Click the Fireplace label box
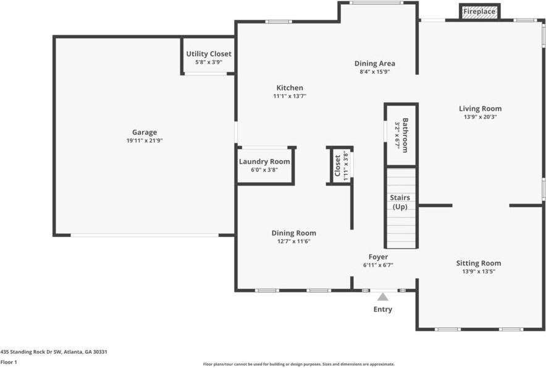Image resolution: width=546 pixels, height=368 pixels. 479,12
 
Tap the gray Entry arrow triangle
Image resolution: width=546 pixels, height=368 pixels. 383,297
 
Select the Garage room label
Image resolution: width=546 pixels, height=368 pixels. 145,132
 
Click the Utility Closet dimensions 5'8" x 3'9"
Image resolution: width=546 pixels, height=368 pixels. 209,62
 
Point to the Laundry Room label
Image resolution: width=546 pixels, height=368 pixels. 264,161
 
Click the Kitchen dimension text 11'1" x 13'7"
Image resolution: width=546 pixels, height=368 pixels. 290,96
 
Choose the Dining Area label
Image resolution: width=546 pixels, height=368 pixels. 375,64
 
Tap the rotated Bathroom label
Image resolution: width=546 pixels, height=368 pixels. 405,135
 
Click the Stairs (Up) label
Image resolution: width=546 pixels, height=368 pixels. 400,202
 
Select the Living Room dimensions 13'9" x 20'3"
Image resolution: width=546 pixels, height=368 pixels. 480,117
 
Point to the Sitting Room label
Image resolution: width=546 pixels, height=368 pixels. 479,263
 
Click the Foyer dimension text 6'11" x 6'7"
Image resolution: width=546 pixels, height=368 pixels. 378,265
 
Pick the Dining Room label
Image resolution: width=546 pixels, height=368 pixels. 294,233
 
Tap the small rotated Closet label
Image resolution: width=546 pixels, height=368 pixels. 337,166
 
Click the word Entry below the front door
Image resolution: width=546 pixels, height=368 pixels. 383,309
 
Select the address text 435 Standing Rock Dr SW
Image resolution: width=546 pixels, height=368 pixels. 31,352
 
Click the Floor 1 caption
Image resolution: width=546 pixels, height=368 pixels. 9,362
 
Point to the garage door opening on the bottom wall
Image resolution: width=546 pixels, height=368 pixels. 145,236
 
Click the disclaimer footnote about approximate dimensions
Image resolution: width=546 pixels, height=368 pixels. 299,364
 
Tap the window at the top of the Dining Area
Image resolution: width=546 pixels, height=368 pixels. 376,3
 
